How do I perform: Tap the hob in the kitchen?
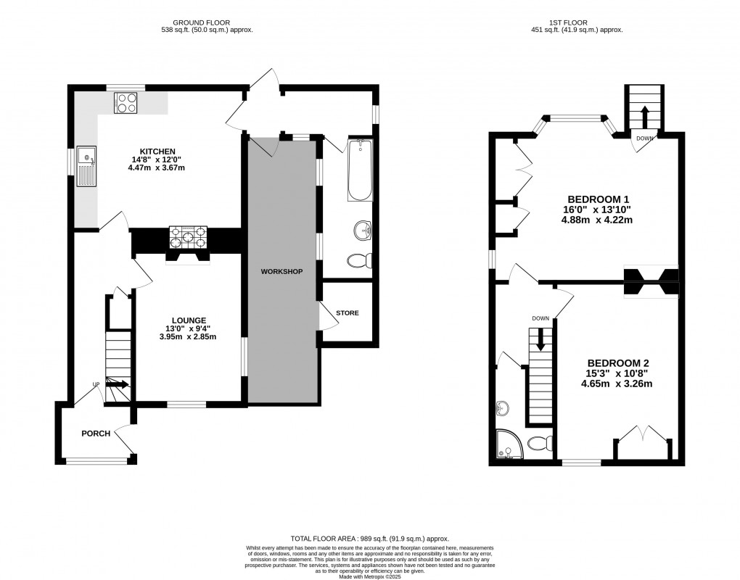click(126, 103)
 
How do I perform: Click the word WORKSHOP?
click(281, 272)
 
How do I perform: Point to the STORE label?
click(347, 313)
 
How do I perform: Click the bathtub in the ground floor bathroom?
click(360, 170)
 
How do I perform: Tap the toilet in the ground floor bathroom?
click(359, 260)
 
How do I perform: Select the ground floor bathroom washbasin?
click(362, 231)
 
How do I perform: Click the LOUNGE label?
click(189, 320)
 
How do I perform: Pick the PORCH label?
click(96, 434)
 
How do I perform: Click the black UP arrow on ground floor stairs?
click(118, 385)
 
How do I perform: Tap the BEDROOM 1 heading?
click(598, 199)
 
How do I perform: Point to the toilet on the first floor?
click(538, 443)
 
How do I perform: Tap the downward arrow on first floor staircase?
click(540, 340)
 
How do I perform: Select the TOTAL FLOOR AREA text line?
click(369, 539)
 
